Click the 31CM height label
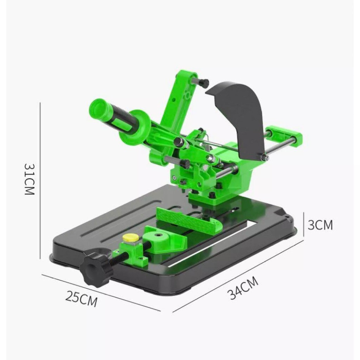(x=29, y=179)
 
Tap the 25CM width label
(x=82, y=299)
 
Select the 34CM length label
(x=243, y=288)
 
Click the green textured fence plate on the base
(x=189, y=219)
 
